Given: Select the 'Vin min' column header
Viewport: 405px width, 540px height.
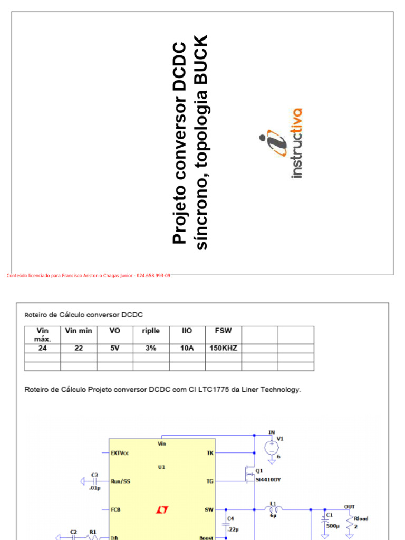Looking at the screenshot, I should click(79, 331).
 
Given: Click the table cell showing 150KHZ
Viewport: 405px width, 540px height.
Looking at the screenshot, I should click(223, 348).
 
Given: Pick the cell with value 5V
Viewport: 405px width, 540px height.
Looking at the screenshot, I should click(114, 348).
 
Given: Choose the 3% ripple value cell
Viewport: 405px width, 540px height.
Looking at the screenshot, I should click(151, 348).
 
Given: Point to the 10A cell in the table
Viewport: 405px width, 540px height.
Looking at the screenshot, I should click(187, 348).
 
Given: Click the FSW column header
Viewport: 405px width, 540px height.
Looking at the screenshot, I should click(223, 331).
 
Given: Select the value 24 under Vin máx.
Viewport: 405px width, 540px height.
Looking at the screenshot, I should click(42, 348).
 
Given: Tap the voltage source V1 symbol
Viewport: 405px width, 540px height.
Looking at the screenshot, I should click(272, 448).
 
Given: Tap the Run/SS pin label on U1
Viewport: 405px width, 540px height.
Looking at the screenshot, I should click(121, 481).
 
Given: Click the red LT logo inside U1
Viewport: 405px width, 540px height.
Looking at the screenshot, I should click(162, 510).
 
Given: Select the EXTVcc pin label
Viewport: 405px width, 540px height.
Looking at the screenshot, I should click(120, 453).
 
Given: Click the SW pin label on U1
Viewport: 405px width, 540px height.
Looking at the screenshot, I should click(209, 510).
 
